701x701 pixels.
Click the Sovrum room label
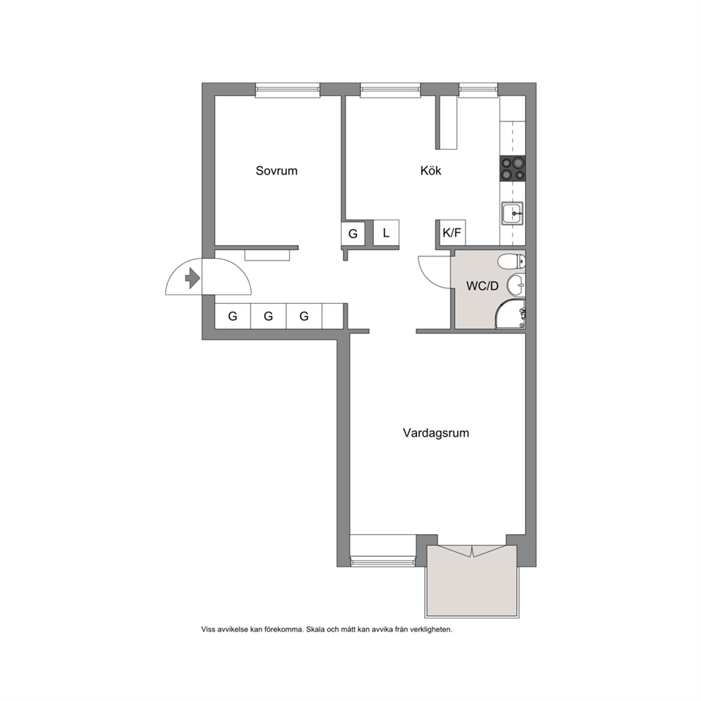coord(276,171)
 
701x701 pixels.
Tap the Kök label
coord(430,170)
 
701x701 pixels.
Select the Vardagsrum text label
coord(436,433)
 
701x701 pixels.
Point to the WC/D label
coord(482,286)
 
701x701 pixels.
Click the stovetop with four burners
coord(512,169)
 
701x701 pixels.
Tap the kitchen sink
coord(512,213)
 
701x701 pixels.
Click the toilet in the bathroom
coord(512,261)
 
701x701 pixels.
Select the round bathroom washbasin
coord(516,285)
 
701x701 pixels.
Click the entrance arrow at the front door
coord(193,278)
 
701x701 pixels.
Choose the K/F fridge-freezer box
coord(452,232)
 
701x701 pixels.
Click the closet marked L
coord(386,232)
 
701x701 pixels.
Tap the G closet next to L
coord(353,233)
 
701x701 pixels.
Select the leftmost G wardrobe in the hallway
coord(232,317)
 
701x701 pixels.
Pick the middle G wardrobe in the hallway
coord(269,317)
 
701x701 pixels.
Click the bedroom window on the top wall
coord(288,90)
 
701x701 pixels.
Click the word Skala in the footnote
coord(315,630)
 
